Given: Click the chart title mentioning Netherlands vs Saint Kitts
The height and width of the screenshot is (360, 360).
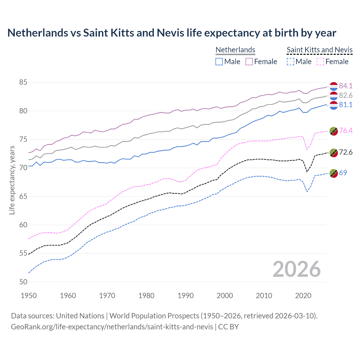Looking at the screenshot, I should point(172,33).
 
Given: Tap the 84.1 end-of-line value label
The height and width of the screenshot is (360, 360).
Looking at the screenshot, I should point(346,86).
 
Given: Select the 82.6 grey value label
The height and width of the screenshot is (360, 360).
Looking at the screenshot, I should point(346,95).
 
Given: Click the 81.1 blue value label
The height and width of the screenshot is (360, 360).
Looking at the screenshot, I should point(346,105).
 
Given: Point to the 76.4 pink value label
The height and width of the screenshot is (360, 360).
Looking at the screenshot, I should point(346,130).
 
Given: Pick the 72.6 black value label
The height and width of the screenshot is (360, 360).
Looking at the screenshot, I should point(346,152).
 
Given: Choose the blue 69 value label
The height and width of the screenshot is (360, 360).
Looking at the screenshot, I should point(343,173).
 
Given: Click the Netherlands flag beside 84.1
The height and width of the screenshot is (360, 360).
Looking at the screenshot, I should point(334,86).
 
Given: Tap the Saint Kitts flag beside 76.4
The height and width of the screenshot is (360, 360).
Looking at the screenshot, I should point(334,131).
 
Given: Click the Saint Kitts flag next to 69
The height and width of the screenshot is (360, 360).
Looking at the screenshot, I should point(334,173).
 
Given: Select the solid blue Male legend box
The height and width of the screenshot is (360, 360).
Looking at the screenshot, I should point(219,62).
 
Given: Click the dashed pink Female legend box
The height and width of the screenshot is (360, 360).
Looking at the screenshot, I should point(320,62).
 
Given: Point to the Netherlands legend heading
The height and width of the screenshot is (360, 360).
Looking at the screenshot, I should point(235,50).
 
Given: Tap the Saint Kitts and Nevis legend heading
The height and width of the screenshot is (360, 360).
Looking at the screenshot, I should point(319,50).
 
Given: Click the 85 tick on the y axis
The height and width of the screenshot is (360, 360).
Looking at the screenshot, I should point(23,82).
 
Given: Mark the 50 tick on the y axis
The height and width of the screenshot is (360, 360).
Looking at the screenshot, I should point(23,282).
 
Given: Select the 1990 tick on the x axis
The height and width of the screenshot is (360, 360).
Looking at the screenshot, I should point(186,296).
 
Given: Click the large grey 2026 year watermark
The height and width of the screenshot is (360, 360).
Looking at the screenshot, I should point(296,269).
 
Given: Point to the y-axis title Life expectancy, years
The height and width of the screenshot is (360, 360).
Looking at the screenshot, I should point(12,180).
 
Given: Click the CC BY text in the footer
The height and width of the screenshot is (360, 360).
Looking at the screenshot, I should point(228,327).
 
